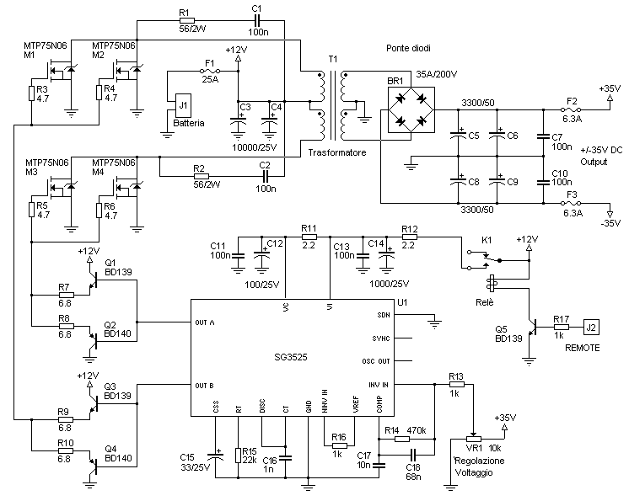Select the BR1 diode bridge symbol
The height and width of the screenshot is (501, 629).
(411, 109)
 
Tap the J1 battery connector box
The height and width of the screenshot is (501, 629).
(183, 106)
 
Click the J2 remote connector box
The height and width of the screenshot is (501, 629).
(591, 328)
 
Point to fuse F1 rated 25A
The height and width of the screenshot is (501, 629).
(209, 72)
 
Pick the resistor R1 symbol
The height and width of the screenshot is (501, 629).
(187, 20)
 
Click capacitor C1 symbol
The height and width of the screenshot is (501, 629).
(256, 20)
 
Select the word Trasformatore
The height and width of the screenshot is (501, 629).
(337, 152)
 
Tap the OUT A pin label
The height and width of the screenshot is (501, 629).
(205, 322)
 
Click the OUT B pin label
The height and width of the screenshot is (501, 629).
(204, 386)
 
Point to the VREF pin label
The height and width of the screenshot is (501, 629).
(356, 404)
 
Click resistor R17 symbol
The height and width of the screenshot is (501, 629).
(562, 328)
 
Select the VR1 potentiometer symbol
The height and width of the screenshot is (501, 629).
(473, 439)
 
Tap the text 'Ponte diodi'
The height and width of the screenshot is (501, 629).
(408, 49)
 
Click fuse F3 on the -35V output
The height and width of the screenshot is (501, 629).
(571, 204)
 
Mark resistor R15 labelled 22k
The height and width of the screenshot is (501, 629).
(239, 456)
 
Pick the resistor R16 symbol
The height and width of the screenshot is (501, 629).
(339, 445)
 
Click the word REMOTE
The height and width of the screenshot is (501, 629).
(583, 348)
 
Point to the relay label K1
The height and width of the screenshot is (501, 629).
(487, 240)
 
